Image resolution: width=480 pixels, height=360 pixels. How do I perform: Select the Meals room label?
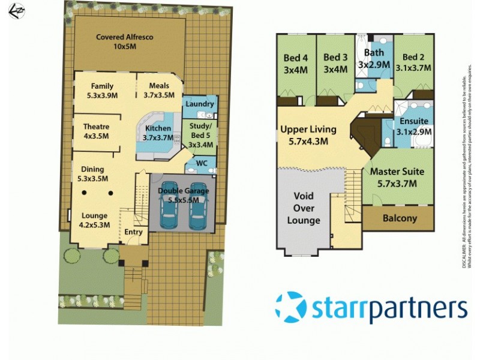tap(158, 90)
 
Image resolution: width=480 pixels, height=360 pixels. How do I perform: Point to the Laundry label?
tap(200, 104)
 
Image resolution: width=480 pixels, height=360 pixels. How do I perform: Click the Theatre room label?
tap(96, 131)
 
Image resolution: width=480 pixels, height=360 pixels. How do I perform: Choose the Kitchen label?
tap(158, 133)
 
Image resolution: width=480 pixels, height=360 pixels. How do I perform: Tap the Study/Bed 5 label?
tap(200, 135)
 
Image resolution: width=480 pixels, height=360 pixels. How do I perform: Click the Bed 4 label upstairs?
tap(295, 63)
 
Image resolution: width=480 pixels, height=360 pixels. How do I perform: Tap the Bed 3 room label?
tap(335, 63)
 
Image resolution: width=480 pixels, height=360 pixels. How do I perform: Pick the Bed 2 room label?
tap(413, 63)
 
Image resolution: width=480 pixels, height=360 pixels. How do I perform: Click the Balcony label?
tap(399, 218)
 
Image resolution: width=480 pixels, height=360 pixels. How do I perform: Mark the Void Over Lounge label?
tap(307, 208)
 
